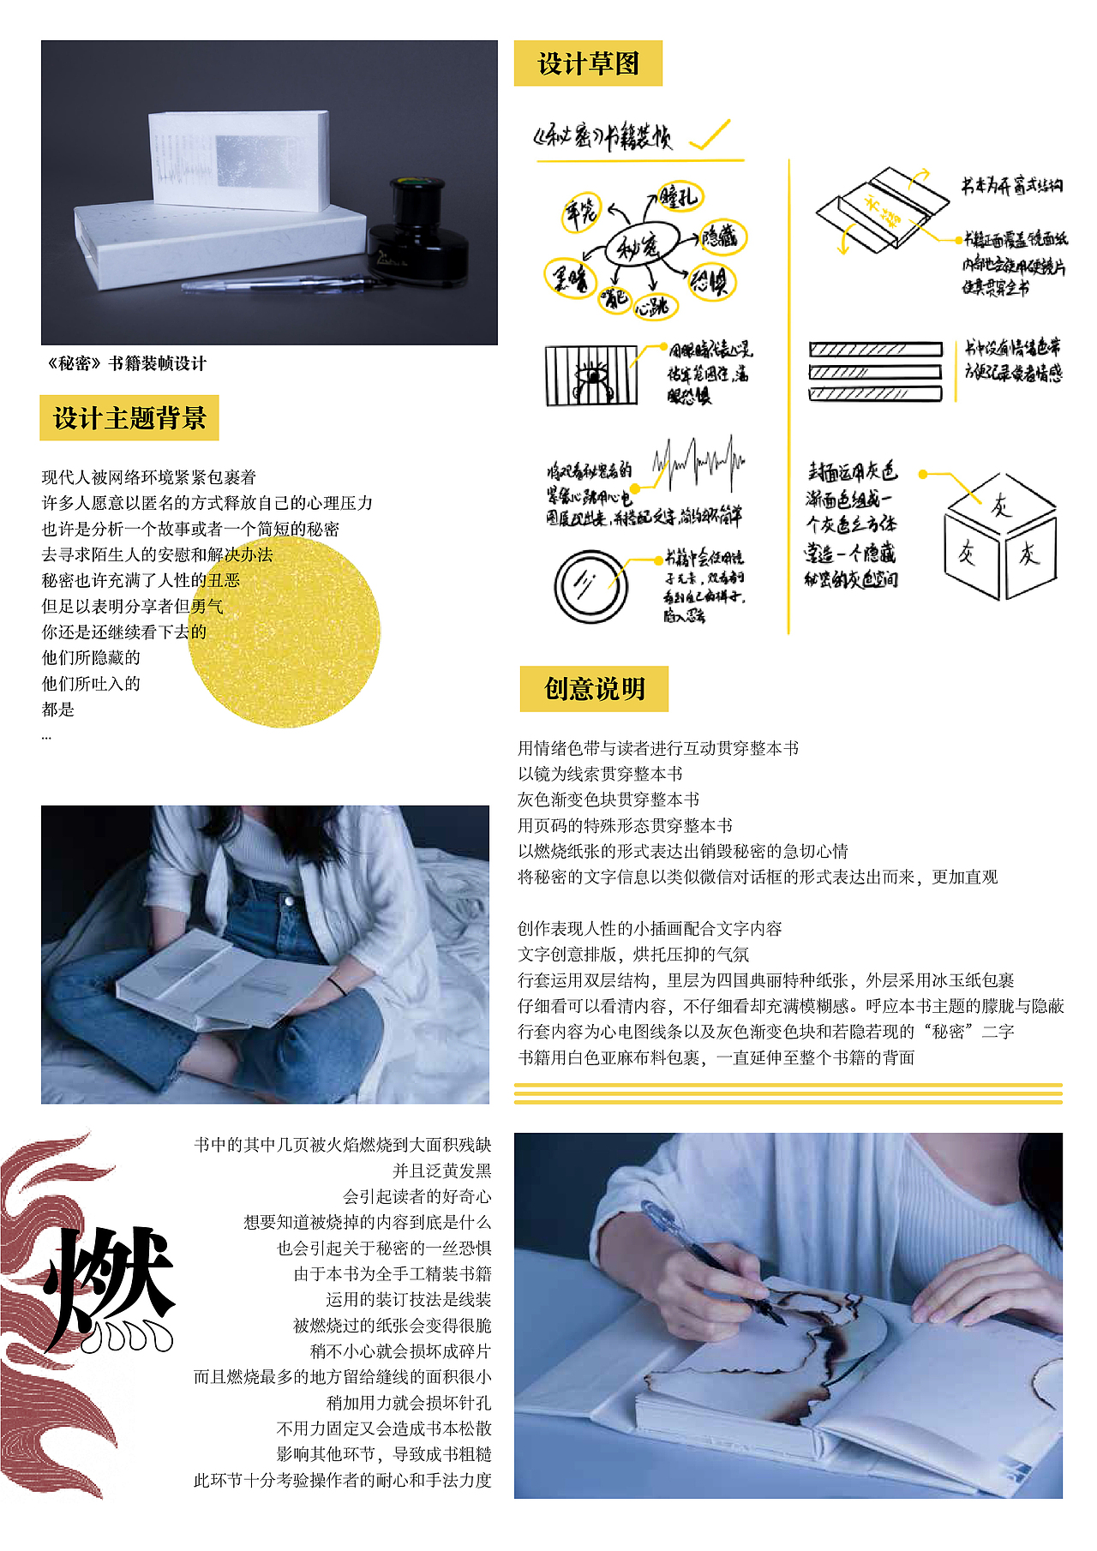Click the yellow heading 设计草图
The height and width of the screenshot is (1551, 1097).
point(588,63)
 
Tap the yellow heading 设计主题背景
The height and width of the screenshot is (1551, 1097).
point(129,418)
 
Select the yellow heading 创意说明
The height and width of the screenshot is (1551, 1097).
point(594,689)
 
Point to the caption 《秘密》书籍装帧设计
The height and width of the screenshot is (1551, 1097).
point(127,363)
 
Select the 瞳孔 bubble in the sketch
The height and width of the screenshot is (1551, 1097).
point(679,197)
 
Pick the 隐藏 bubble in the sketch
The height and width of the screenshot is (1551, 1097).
point(720,236)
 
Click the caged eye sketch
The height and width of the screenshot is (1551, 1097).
point(591,375)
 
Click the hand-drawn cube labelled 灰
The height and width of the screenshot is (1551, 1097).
point(999,536)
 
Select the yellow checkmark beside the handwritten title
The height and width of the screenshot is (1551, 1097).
point(710,136)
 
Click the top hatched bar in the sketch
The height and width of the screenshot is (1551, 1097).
point(875,350)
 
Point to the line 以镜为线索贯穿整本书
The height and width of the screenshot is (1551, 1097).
point(600,774)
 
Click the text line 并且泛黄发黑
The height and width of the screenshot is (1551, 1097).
point(441,1171)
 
